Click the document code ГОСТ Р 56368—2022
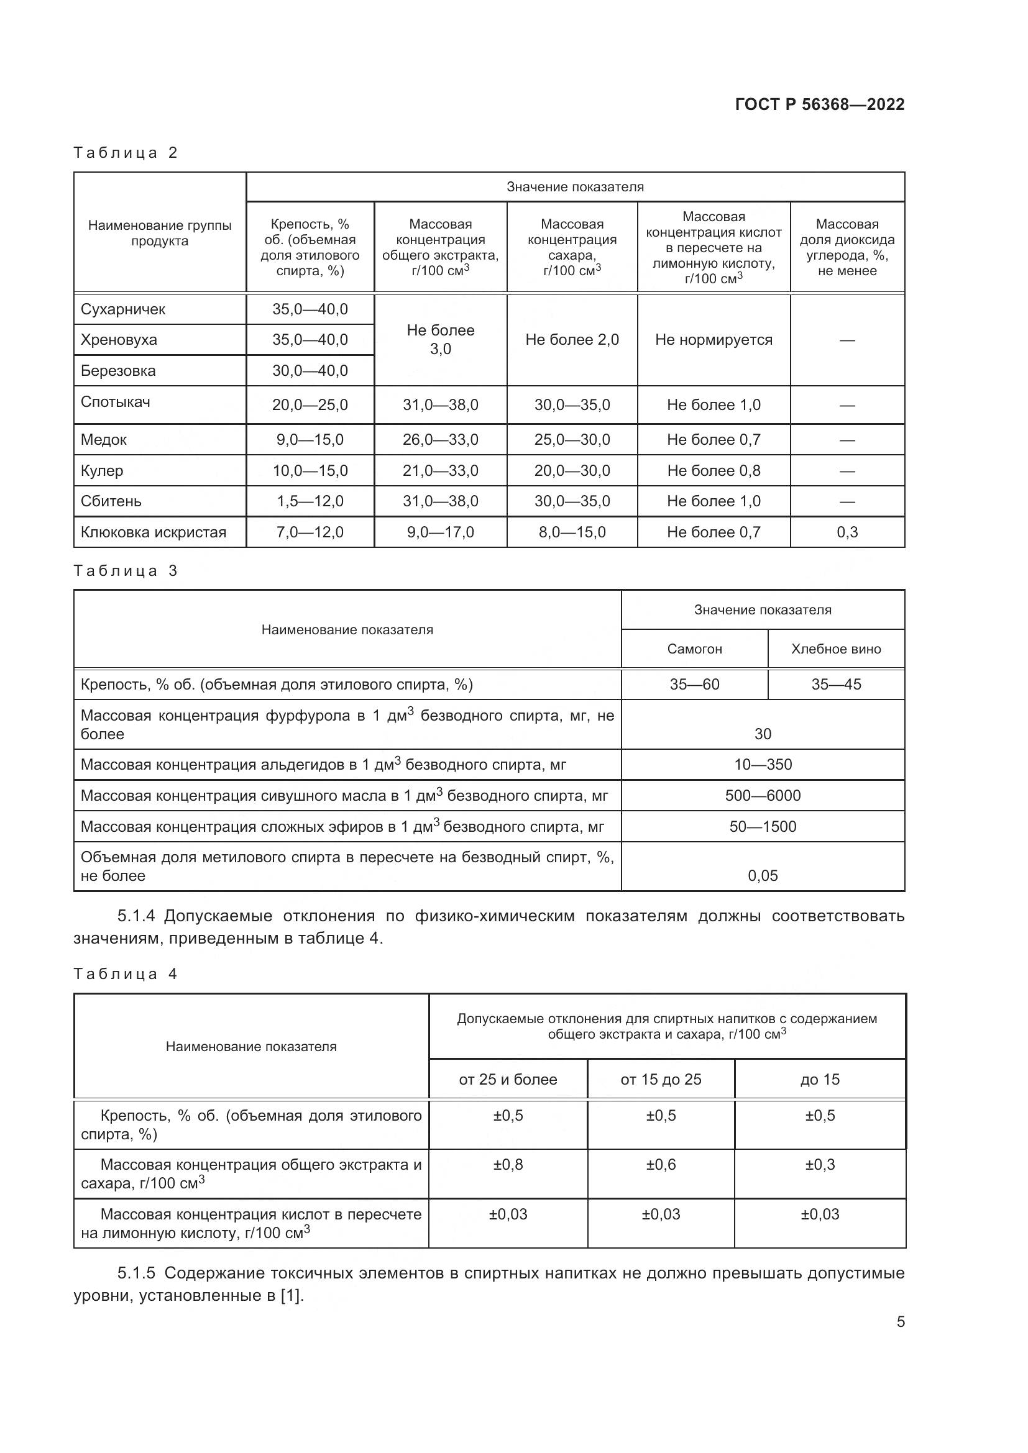819,104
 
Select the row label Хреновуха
118,340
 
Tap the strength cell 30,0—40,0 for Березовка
310,371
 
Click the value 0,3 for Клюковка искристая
847,532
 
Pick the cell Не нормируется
714,340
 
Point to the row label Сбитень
111,501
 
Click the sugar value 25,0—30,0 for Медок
572,440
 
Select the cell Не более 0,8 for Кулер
714,471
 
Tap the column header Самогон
694,649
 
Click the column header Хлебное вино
835,649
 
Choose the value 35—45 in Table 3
835,684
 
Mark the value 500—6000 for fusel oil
762,796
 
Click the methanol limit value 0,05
762,876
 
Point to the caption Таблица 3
126,571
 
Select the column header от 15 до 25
660,1080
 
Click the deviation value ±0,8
508,1164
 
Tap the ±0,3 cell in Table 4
819,1164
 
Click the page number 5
900,1322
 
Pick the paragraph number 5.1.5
136,1273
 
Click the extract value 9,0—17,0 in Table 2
440,532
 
